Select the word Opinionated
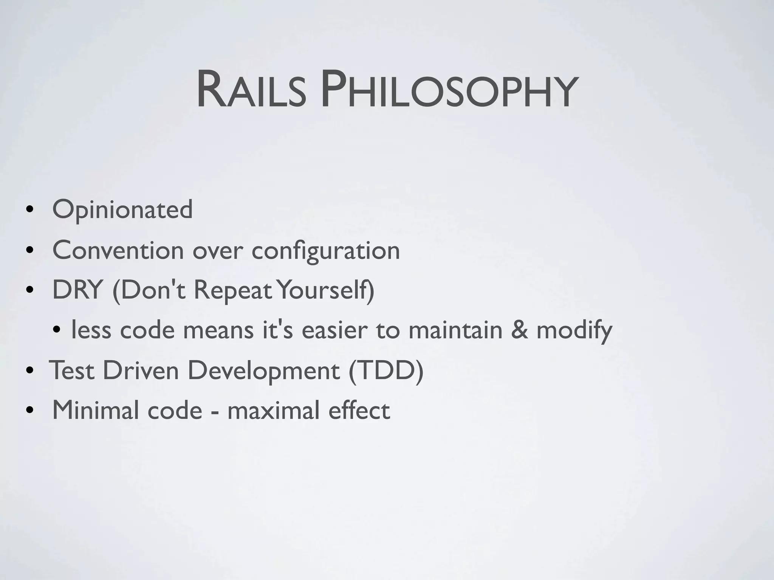click(122, 210)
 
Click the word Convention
click(118, 250)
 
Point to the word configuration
click(325, 251)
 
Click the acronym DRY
click(77, 290)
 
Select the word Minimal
click(95, 410)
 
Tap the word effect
click(359, 410)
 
